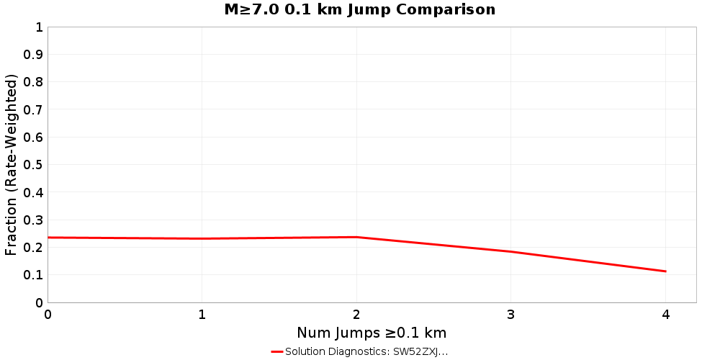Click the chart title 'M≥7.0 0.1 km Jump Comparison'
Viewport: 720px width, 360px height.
click(x=359, y=9)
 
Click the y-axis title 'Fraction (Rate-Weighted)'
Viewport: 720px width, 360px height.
click(x=12, y=165)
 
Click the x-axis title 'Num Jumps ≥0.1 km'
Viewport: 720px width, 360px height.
click(x=372, y=333)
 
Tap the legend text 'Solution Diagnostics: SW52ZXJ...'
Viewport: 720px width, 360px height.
click(x=366, y=351)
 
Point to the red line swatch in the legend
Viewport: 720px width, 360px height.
click(x=277, y=351)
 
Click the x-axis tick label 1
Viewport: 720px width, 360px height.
click(x=202, y=315)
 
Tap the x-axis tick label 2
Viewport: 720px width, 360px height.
click(x=356, y=315)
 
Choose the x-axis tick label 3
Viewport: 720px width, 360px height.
click(x=510, y=315)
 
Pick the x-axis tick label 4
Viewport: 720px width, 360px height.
click(x=665, y=315)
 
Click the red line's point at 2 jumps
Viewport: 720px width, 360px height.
click(x=356, y=237)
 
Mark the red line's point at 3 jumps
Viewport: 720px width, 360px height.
click(x=510, y=251)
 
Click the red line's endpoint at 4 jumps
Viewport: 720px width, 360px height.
click(x=665, y=271)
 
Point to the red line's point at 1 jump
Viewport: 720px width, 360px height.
click(x=202, y=238)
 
